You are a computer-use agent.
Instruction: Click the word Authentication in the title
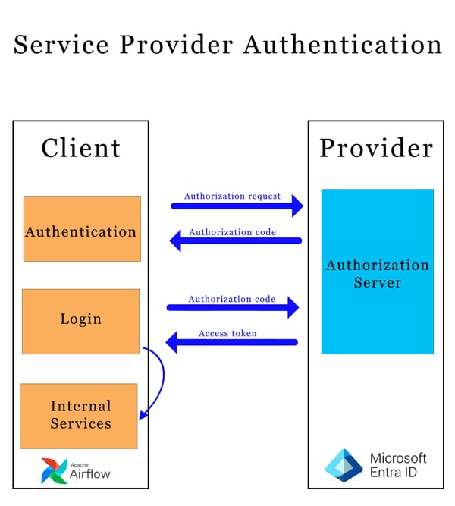pyautogui.click(x=342, y=45)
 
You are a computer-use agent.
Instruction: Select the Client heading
pyautogui.click(x=80, y=147)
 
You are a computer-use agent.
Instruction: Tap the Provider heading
pyautogui.click(x=376, y=147)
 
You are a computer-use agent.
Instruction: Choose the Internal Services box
pyautogui.click(x=79, y=416)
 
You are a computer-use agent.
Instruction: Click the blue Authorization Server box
pyautogui.click(x=377, y=272)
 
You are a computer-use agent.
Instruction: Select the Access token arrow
pyautogui.click(x=231, y=343)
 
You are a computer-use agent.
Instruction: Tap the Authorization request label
pyautogui.click(x=232, y=196)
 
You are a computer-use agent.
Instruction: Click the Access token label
pyautogui.click(x=227, y=333)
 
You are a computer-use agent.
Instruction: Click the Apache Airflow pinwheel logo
pyautogui.click(x=55, y=470)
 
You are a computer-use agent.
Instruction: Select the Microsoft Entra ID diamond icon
pyautogui.click(x=344, y=465)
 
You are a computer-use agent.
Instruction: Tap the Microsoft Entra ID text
pyautogui.click(x=397, y=465)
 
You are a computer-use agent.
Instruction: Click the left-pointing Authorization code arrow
pyautogui.click(x=235, y=241)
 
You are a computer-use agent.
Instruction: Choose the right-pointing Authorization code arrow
pyautogui.click(x=233, y=307)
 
